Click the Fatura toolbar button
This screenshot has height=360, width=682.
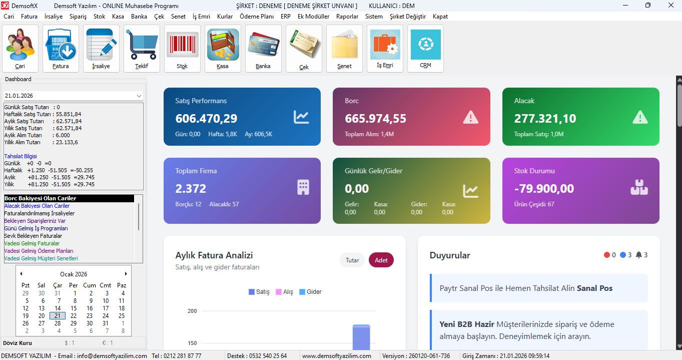61,49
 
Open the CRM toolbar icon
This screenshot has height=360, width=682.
425,49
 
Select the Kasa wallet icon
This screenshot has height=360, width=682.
223,49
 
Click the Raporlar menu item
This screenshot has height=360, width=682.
347,17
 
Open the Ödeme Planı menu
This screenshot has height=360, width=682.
257,17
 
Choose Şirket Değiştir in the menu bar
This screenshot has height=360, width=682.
408,17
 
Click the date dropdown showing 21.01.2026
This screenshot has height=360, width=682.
74,96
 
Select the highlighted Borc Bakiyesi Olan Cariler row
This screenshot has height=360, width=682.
69,198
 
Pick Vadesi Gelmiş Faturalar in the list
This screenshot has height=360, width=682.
32,243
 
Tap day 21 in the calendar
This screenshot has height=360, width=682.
58,315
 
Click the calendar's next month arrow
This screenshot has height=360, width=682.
126,274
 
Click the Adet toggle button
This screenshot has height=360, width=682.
381,260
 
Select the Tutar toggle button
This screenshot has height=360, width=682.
352,260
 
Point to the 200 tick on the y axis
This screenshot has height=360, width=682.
192,311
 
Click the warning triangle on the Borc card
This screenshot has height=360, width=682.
470,117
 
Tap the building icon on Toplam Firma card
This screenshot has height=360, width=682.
303,187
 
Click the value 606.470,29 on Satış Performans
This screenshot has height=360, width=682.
206,119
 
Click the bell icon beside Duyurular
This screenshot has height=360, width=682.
639,255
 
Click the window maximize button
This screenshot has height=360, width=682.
648,6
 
